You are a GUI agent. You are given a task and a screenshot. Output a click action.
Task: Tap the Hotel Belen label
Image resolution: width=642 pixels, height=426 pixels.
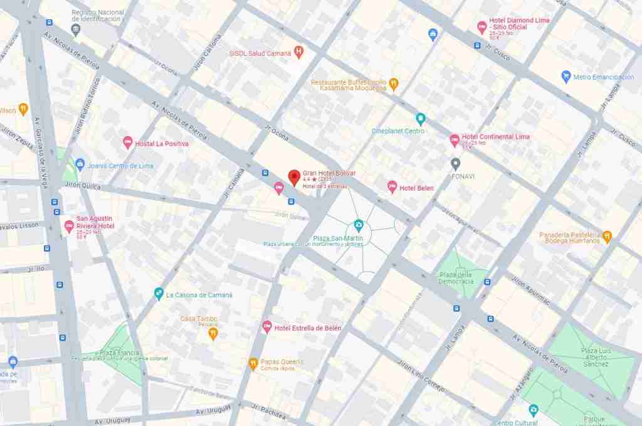(416, 188)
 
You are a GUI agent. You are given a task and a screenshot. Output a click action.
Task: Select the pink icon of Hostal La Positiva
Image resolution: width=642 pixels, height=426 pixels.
(128, 144)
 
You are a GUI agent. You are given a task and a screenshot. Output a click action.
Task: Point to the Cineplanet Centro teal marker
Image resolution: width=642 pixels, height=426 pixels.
(421, 119)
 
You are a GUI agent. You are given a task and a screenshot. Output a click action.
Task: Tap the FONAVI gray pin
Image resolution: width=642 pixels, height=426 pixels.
(456, 164)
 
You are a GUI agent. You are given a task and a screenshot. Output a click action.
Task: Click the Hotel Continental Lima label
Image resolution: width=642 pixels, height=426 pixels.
(495, 137)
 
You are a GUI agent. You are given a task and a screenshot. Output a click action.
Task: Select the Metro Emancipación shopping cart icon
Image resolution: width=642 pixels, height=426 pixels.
(566, 77)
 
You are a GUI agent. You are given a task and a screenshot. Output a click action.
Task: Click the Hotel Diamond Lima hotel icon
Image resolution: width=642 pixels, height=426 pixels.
(481, 26)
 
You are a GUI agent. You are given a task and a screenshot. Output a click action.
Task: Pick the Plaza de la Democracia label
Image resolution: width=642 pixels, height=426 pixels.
(456, 278)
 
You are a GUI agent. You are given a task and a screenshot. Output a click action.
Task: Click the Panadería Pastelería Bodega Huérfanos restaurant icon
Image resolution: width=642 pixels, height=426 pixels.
(607, 237)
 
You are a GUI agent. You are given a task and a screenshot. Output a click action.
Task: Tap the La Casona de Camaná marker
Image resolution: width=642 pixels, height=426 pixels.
(159, 294)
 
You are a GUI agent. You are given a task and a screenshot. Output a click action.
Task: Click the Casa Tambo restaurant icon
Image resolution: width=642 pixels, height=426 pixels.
(213, 333)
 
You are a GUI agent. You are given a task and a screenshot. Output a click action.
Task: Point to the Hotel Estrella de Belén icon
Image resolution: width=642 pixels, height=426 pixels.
(266, 327)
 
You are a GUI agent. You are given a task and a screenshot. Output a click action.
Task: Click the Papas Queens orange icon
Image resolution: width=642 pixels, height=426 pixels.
(253, 363)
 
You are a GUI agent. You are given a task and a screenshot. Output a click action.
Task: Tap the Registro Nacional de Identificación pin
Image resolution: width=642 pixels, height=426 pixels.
(76, 29)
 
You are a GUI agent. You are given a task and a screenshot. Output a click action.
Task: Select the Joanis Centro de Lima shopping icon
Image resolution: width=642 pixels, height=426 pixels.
(80, 165)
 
